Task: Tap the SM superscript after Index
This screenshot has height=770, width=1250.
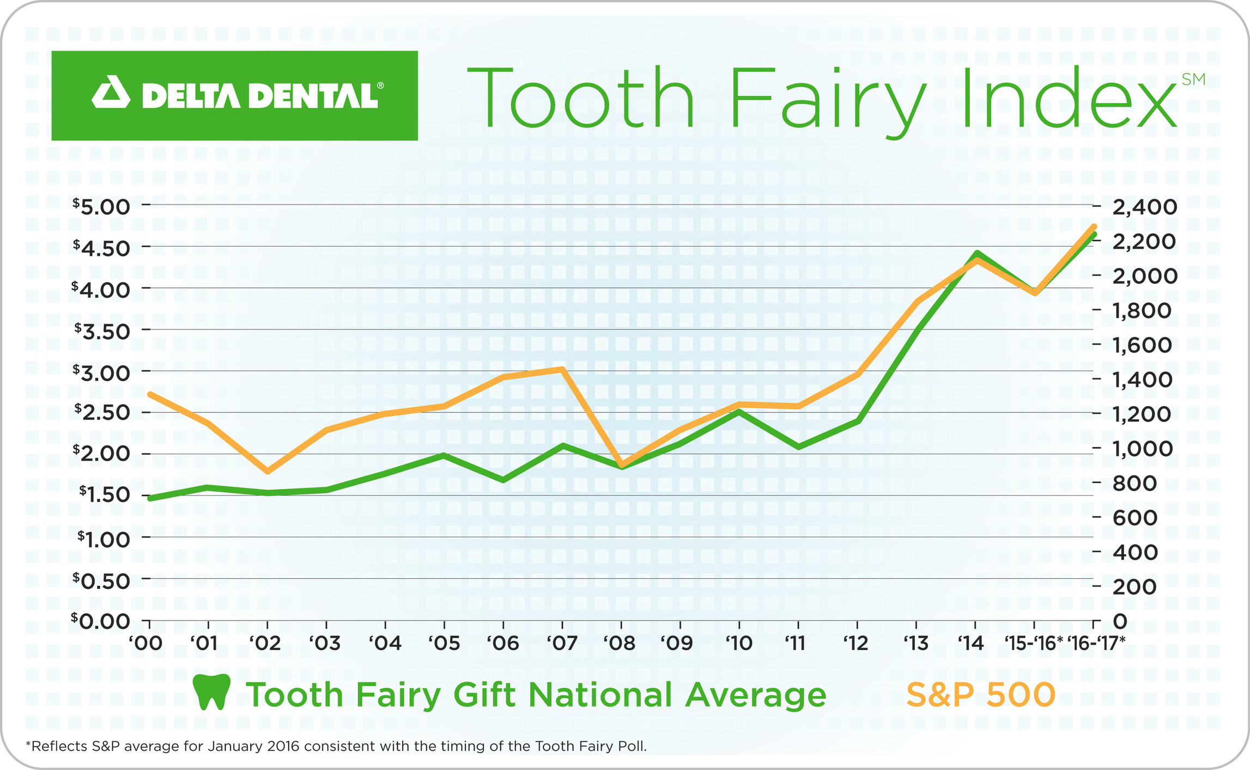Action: pyautogui.click(x=1193, y=80)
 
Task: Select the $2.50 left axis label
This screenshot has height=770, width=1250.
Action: pyautogui.click(x=102, y=412)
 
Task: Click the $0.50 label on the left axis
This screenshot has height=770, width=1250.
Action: pyautogui.click(x=102, y=580)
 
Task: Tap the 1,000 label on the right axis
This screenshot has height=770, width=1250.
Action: pyautogui.click(x=1142, y=449)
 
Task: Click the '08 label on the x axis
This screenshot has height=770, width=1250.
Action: pyautogui.click(x=620, y=644)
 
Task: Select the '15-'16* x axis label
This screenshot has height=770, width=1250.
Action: pyautogui.click(x=1033, y=644)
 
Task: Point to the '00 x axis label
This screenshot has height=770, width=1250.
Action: pyautogui.click(x=146, y=644)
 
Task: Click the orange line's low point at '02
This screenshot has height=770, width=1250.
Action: pyautogui.click(x=268, y=471)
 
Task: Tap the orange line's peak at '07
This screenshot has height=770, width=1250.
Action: pyautogui.click(x=562, y=370)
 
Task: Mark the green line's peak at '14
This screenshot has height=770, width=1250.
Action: pyautogui.click(x=976, y=254)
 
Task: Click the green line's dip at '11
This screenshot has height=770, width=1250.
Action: pyautogui.click(x=798, y=447)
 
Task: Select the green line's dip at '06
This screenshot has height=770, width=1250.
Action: pyautogui.click(x=503, y=480)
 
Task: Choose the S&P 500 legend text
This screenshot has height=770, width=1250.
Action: pyautogui.click(x=980, y=695)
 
